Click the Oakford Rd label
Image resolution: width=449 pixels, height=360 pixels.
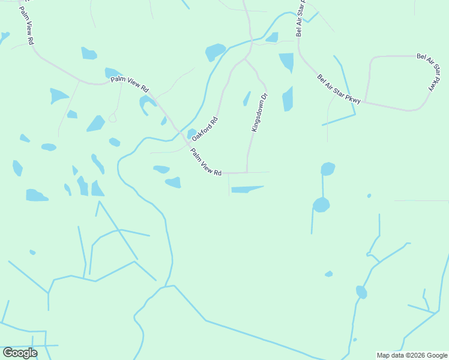(205, 129)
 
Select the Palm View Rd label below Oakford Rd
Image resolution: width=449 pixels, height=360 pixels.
(206, 162)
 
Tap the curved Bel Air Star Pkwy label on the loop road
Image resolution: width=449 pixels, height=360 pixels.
(427, 72)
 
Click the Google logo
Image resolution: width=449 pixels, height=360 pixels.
(20, 353)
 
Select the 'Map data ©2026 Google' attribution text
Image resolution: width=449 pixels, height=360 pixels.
(411, 355)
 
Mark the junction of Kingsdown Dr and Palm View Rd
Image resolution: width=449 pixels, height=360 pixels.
(247, 173)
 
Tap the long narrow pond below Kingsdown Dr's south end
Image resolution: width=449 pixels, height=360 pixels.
(246, 190)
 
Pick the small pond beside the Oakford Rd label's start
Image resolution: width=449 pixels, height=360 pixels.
(191, 133)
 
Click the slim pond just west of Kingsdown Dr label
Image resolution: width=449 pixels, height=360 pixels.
(247, 98)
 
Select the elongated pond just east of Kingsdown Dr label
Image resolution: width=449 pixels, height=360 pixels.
(288, 99)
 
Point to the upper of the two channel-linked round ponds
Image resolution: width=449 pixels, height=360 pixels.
(327, 169)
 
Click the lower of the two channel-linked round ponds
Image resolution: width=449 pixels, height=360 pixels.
(321, 205)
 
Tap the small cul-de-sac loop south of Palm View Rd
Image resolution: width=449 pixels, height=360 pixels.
(112, 118)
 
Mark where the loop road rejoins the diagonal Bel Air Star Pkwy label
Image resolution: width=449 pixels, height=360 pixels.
(362, 102)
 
